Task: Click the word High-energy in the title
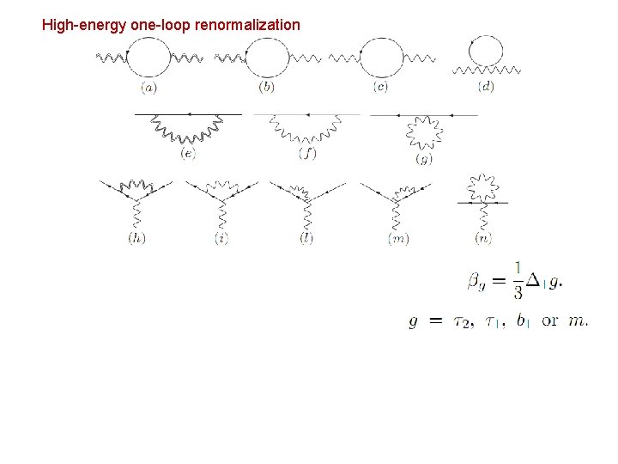84,25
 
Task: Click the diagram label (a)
149,88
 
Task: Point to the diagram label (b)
268,88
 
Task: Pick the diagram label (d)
486,88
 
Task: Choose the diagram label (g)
423,159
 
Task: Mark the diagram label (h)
136,238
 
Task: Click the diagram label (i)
222,238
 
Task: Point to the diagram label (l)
306,238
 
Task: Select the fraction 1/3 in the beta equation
518,280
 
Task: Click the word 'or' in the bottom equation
550,321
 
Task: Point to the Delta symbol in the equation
534,280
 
